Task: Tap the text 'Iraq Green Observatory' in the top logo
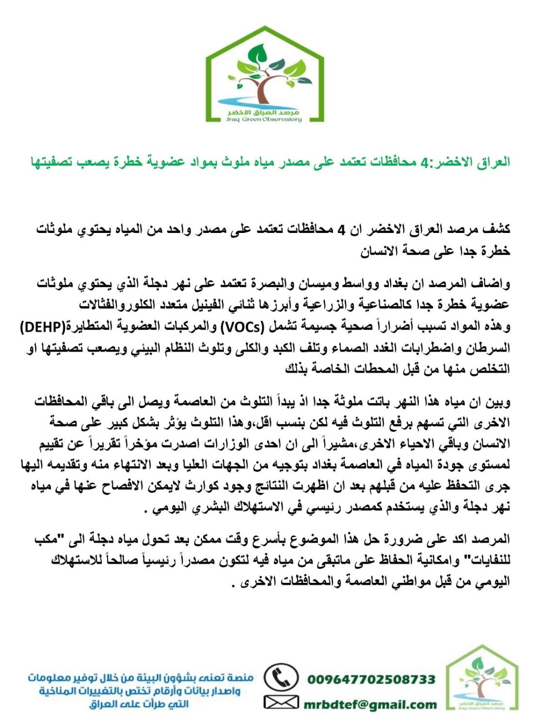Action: pyautogui.click(x=265, y=119)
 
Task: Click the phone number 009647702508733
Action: pyautogui.click(x=371, y=679)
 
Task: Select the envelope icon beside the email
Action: pyautogui.click(x=281, y=702)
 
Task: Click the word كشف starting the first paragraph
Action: pyautogui.click(x=497, y=230)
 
